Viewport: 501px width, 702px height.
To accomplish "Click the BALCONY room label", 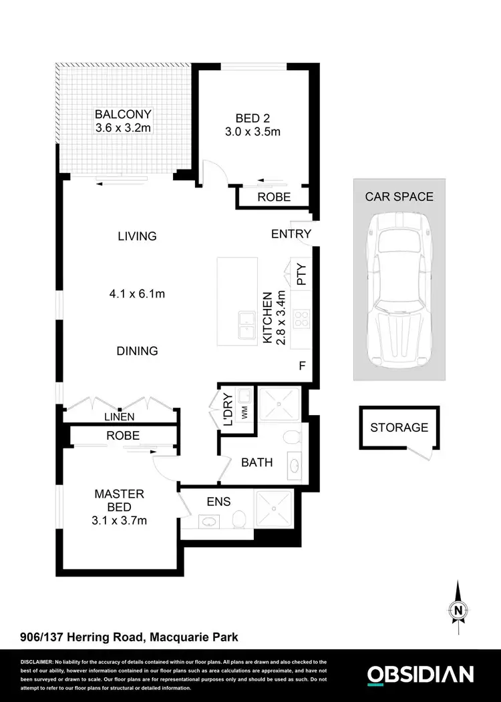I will coord(123,114).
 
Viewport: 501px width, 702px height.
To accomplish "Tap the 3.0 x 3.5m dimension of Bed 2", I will coord(253,131).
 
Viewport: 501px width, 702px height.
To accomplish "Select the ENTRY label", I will coord(291,234).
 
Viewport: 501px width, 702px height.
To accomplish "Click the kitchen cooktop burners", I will coord(301,319).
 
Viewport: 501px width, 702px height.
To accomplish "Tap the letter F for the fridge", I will coord(302,366).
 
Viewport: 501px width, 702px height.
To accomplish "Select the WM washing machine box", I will coord(244,412).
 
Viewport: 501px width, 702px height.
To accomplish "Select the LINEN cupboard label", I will coord(119,416).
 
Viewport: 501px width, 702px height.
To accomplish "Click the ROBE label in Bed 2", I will coord(275,197).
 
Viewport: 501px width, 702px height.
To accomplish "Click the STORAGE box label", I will coord(399,428).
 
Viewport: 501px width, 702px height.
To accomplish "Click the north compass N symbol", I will coord(458,609).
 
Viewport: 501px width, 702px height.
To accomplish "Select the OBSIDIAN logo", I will coord(421,674).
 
